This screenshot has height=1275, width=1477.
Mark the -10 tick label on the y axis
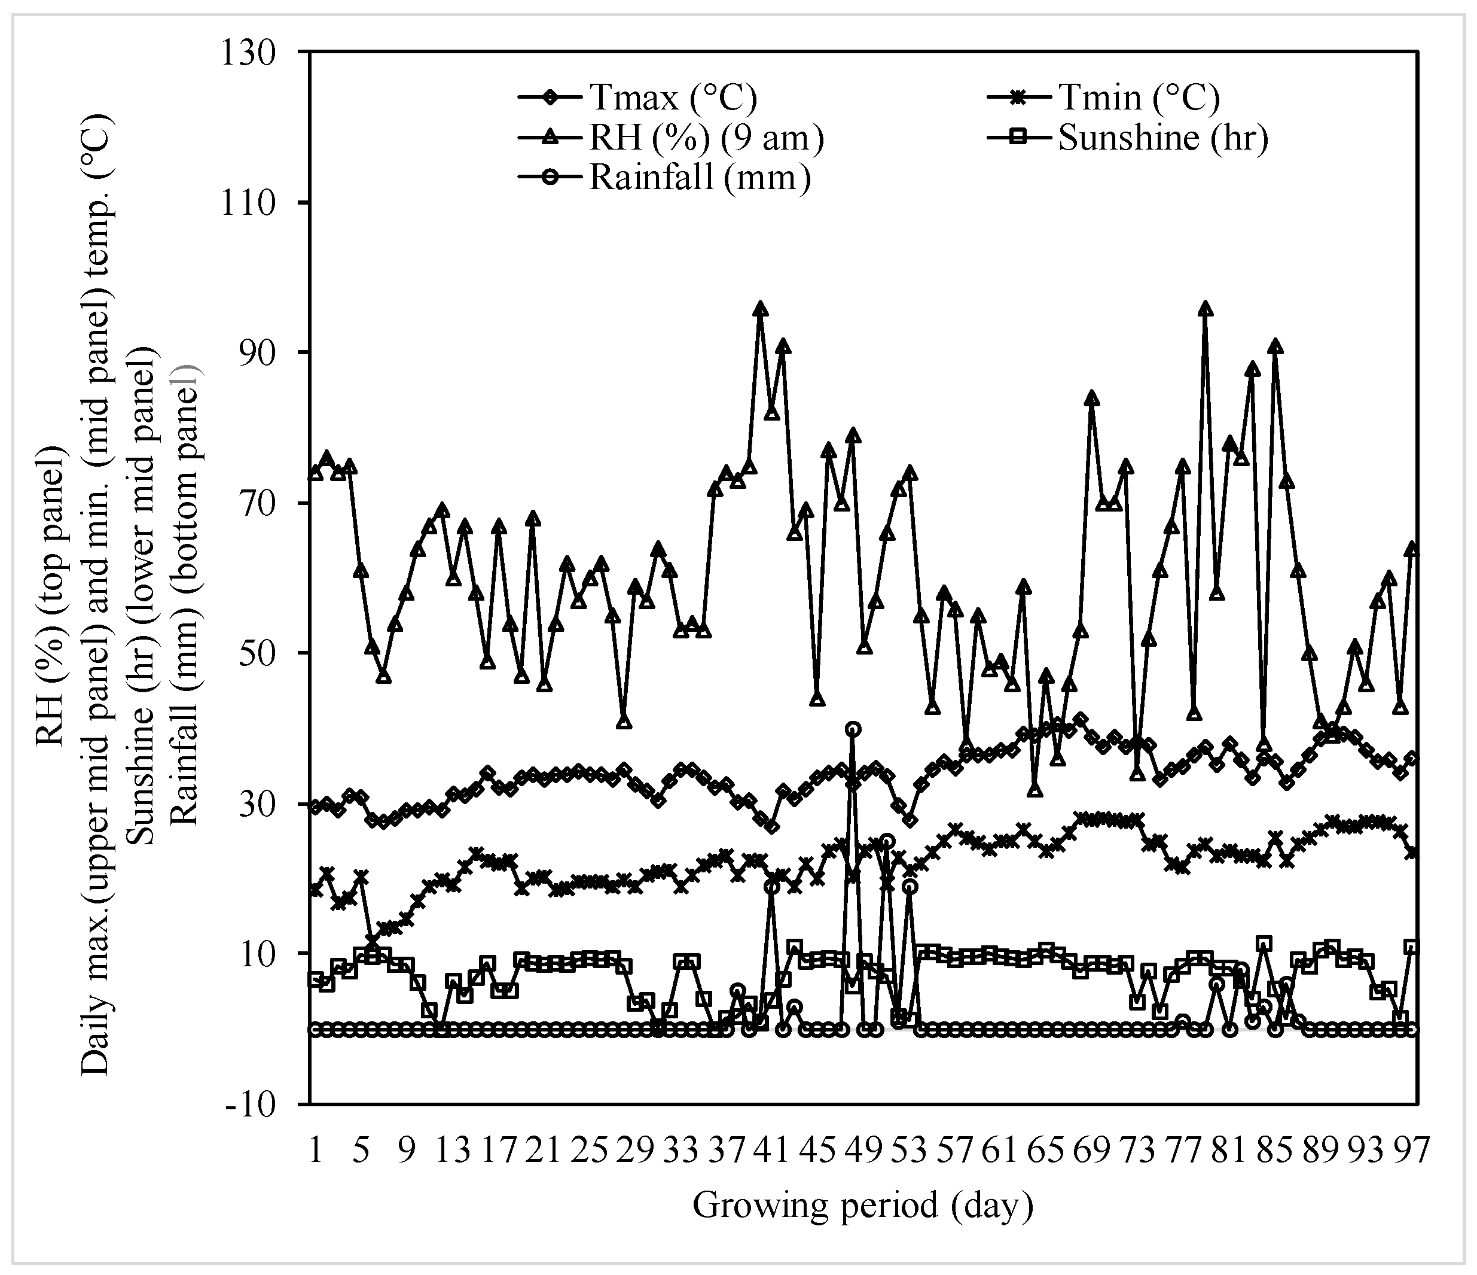coord(252,1104)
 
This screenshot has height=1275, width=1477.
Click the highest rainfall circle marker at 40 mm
coord(853,729)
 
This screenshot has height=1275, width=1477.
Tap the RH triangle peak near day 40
coord(761,309)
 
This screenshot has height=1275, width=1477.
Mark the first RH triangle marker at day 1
coord(316,473)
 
